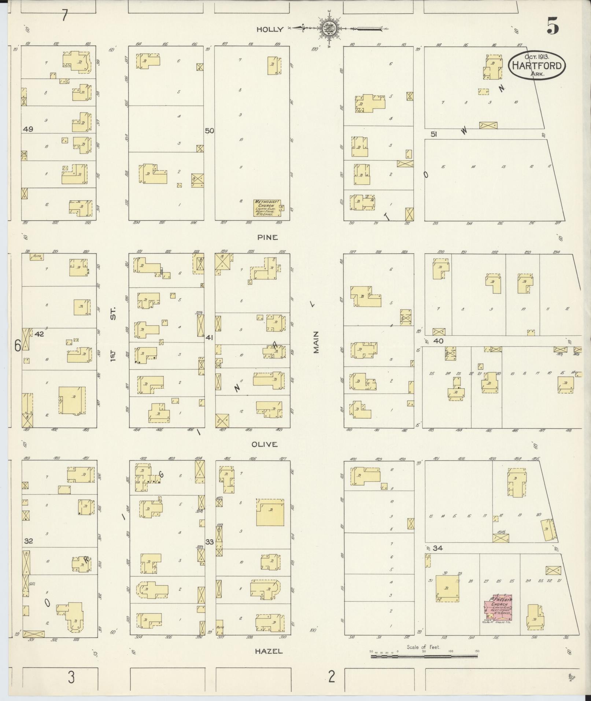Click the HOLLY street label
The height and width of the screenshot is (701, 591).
(x=270, y=30)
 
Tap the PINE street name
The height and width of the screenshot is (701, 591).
(x=267, y=237)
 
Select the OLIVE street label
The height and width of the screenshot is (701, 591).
(x=265, y=444)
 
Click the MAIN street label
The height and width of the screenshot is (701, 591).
(x=316, y=342)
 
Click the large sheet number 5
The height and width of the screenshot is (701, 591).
(x=553, y=26)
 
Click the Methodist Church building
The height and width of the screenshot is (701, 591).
(x=267, y=208)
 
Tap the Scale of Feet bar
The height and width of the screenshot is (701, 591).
(x=424, y=656)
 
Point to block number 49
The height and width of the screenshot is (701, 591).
(x=28, y=129)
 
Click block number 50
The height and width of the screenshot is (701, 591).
(x=209, y=131)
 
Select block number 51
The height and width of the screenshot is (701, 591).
(x=434, y=134)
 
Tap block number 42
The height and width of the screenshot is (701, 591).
(x=39, y=334)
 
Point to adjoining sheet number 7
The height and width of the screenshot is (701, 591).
(x=64, y=16)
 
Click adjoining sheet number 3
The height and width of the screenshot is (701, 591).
(x=71, y=677)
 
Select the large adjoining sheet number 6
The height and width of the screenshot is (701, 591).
(x=17, y=346)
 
